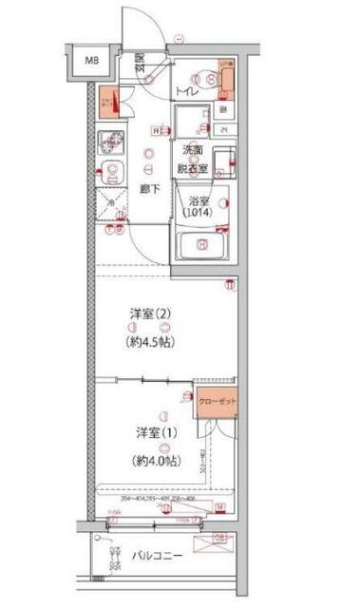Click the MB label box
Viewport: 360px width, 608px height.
[92, 63]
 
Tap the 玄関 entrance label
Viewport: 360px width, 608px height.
[140, 62]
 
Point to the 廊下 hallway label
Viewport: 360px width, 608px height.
[147, 188]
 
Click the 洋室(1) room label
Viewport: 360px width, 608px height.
[154, 432]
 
